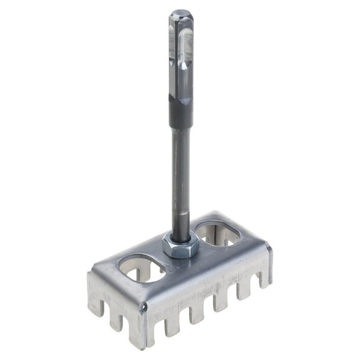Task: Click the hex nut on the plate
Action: click(181, 246)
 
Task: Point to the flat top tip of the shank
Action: click(181, 12)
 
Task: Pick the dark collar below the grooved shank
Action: click(181, 116)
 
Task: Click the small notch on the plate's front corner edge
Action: click(143, 307)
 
